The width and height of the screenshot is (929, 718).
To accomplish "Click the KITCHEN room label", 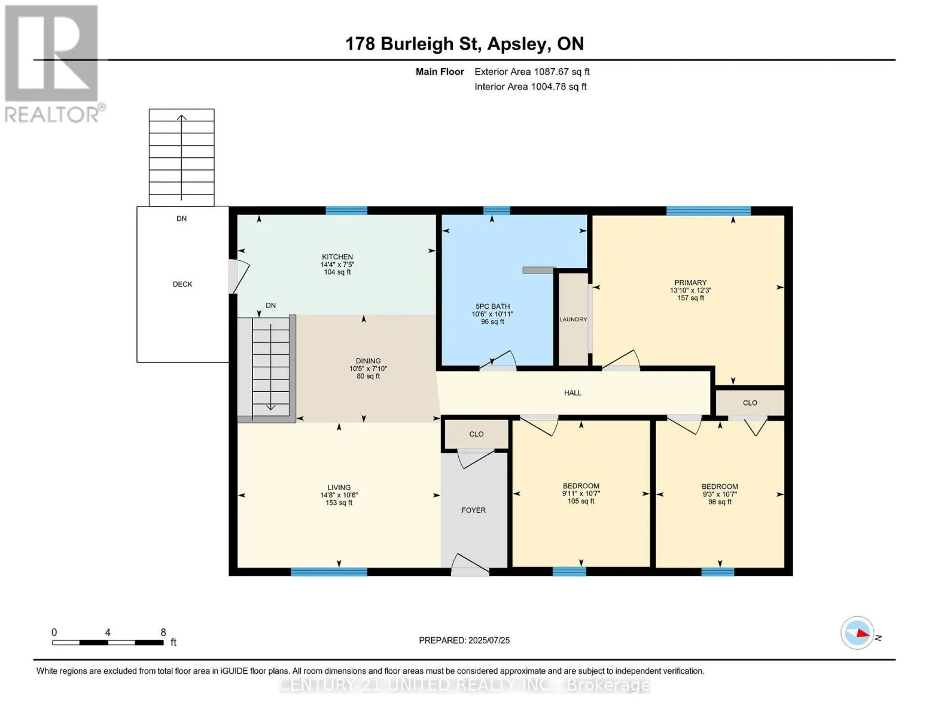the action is (x=337, y=257).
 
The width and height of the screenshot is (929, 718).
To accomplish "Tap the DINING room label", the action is (x=368, y=361).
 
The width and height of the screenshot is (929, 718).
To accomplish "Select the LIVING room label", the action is (x=339, y=488).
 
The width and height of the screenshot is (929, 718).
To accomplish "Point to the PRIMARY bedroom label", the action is (x=690, y=282).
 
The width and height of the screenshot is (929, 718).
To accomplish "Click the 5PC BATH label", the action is (x=492, y=306).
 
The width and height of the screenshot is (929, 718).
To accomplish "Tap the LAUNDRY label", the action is (x=573, y=320).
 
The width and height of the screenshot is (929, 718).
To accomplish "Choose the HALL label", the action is (x=572, y=393).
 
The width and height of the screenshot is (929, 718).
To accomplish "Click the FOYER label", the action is (x=474, y=510).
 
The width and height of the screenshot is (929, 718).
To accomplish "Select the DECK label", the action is (x=182, y=284).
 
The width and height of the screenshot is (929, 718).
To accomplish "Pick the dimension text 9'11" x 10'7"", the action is (x=581, y=494).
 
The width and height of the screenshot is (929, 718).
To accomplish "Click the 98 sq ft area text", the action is (x=720, y=501).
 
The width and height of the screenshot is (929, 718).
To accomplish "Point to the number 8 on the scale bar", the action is (x=163, y=632).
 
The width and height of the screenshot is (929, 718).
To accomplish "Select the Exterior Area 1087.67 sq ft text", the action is (x=532, y=72).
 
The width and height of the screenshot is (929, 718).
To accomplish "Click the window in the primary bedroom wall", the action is (x=708, y=211).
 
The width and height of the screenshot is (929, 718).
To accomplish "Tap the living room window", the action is (x=329, y=572).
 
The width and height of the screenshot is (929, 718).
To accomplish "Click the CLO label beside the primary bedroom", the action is (x=750, y=403).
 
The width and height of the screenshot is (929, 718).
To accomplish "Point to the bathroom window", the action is (x=497, y=211).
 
